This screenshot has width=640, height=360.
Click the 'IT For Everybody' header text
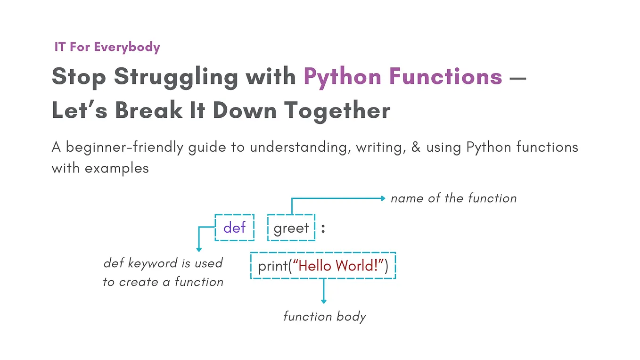[107, 47]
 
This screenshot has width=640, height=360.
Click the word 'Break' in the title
[149, 110]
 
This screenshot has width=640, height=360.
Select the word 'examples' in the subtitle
[117, 168]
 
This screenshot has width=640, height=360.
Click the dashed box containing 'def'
[235, 228]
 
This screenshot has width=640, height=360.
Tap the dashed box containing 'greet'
[291, 228]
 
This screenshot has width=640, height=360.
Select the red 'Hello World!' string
[338, 266]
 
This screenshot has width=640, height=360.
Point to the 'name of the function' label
[453, 198]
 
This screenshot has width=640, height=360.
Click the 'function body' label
[324, 316]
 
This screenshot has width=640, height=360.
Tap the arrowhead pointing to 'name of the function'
[383, 198]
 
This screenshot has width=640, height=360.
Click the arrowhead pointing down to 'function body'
[324, 301]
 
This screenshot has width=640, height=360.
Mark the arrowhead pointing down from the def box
[199, 249]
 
